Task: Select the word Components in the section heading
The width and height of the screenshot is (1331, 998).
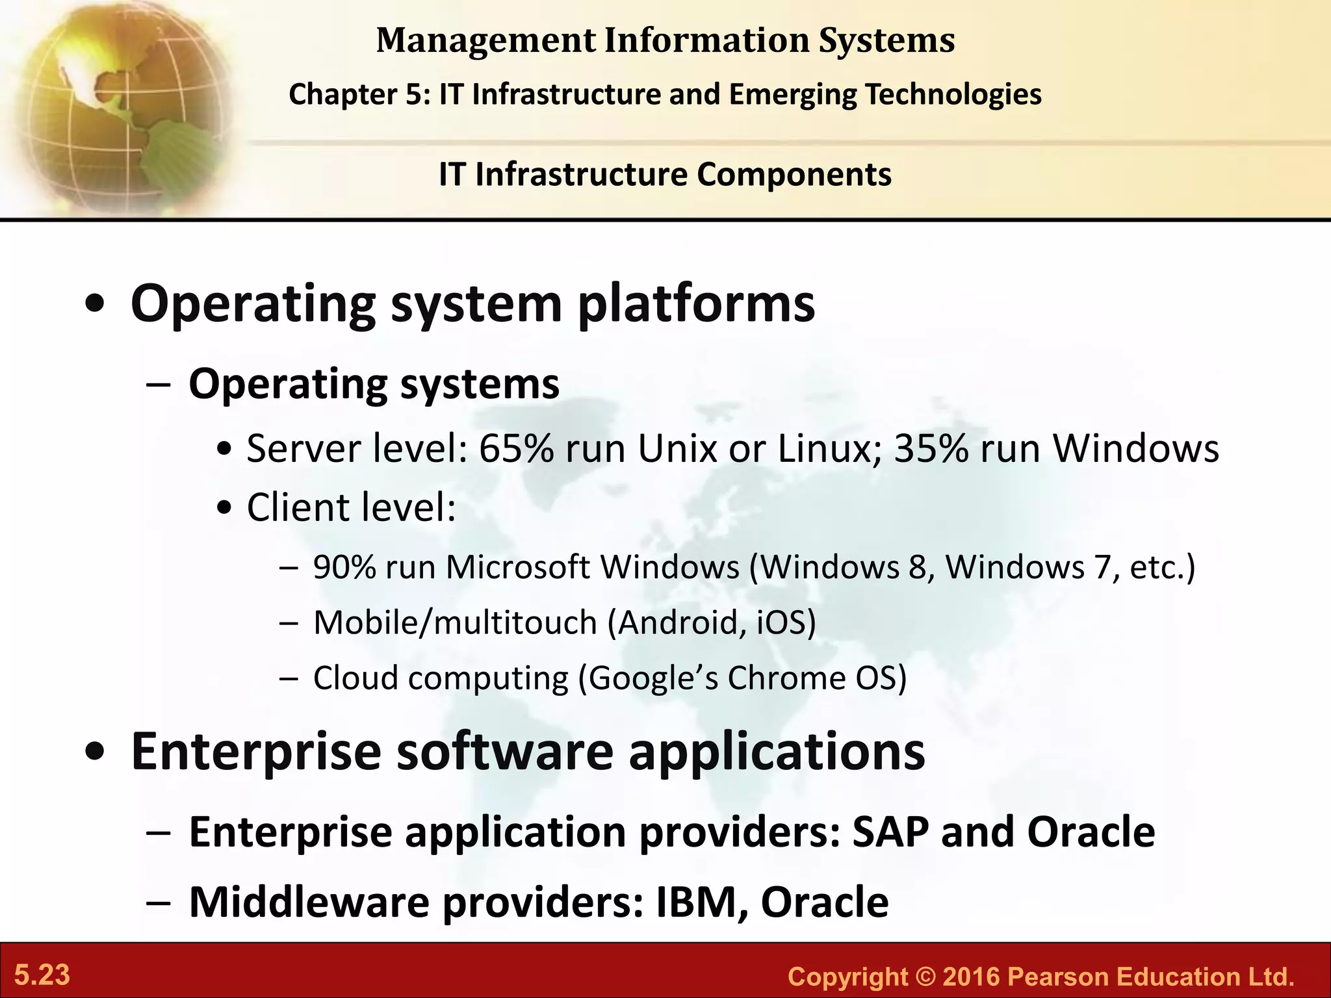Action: coord(794,175)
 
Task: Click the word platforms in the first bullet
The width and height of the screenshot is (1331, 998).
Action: coord(695,304)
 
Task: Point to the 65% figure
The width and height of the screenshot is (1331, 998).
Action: coord(516,448)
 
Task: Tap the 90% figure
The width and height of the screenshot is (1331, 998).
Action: coord(344,567)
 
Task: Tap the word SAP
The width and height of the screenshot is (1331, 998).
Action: coord(890,832)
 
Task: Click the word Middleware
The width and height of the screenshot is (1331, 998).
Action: coord(309,902)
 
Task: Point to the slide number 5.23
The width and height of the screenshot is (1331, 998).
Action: coord(42,975)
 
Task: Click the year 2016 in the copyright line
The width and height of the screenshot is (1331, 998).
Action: coord(972,977)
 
